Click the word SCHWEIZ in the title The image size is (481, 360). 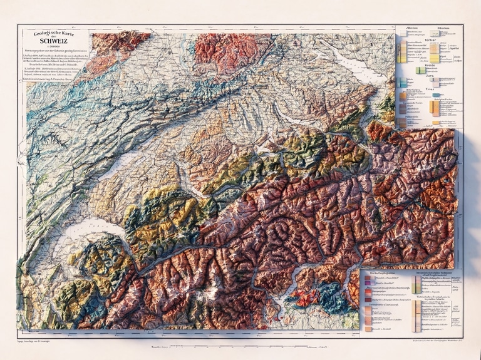click(53, 41)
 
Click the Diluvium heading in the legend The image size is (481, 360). click(443, 29)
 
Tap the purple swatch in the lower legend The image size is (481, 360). click(368, 285)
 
